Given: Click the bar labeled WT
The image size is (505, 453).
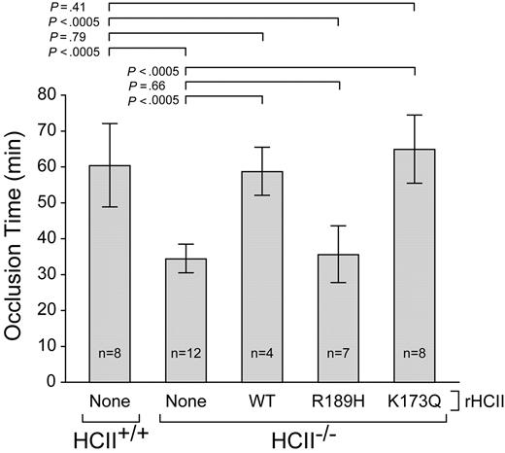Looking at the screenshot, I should coord(262,282).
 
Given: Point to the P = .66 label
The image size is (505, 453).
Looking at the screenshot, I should coord(151,84).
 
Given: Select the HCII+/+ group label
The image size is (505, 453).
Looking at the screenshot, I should coord(109,434).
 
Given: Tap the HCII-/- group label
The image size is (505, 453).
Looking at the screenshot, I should coord(301,434).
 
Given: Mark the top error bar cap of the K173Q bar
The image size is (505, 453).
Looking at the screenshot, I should coord(415,116).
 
